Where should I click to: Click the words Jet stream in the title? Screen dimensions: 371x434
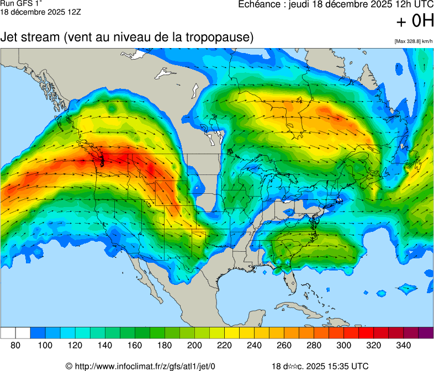[31, 38]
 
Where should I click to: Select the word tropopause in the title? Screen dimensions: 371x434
[220, 38]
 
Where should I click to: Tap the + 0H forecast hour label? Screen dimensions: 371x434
[415, 22]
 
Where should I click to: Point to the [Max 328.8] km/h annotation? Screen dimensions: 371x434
[414, 41]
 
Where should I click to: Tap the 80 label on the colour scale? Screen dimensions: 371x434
[15, 346]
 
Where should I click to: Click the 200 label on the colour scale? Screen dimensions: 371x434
[194, 346]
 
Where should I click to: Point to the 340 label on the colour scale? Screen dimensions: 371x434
[403, 346]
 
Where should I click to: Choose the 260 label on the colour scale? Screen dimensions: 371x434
[284, 346]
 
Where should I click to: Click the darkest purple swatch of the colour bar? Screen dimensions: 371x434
[426, 333]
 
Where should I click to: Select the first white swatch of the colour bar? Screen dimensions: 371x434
[8, 333]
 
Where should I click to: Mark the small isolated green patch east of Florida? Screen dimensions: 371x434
[407, 288]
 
